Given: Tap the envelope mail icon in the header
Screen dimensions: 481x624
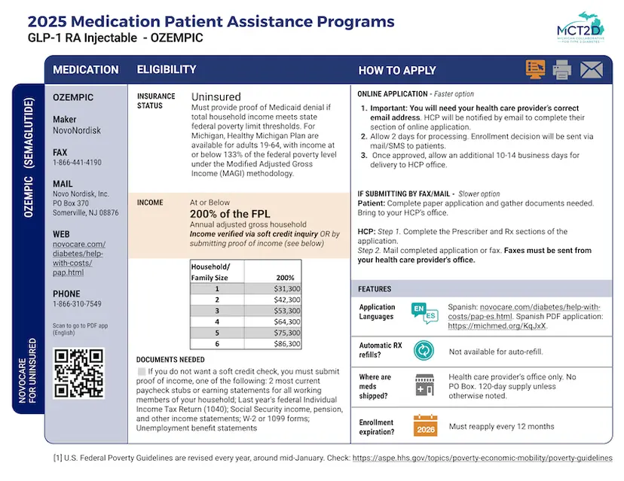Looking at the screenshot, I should click(592, 70).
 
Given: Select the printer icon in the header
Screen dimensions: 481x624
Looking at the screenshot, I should click(562, 70).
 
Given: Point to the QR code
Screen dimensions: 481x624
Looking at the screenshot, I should click(78, 374).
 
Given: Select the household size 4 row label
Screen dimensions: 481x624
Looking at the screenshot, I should click(217, 321).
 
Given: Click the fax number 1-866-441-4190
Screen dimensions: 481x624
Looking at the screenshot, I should click(78, 163).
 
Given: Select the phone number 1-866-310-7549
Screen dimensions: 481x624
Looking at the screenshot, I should click(77, 304).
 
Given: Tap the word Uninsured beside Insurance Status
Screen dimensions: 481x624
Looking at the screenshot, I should click(216, 97).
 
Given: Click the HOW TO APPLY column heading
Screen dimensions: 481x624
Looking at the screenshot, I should click(396, 70).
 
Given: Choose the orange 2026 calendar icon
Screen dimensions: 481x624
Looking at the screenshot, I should click(425, 426).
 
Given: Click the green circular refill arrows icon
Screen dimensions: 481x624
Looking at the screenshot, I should click(424, 350).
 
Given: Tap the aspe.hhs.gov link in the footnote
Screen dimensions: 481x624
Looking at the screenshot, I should click(482, 458).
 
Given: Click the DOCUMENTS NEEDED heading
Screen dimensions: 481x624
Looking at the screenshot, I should click(170, 360).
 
